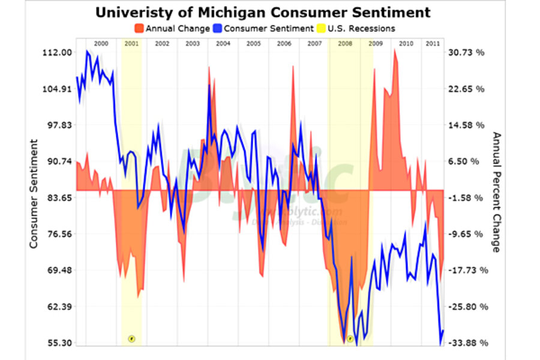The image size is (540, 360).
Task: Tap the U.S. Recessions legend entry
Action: pyautogui.click(x=358, y=28)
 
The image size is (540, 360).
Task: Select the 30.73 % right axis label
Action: pyautogui.click(x=467, y=53)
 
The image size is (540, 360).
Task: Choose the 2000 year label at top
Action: pyautogui.click(x=101, y=44)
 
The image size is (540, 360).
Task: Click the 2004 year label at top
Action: pyautogui.click(x=223, y=44)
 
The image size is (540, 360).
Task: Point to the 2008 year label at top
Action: pyautogui.click(x=345, y=44)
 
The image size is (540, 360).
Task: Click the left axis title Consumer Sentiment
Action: pyautogui.click(x=34, y=193)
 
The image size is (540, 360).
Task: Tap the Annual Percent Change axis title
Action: pyautogui.click(x=496, y=192)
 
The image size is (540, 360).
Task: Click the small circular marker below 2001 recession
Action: pyautogui.click(x=131, y=338)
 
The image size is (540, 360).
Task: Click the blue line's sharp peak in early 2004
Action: pyautogui.click(x=209, y=85)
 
